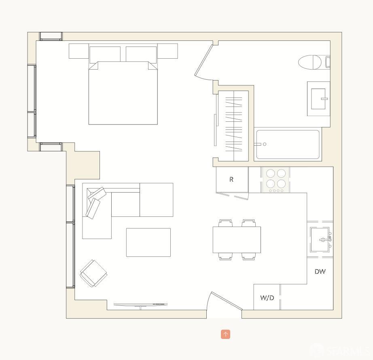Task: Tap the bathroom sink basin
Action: coord(319,99)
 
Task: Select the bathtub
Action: coord(288,144)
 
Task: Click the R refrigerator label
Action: coord(231,180)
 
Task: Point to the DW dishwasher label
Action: coord(320,272)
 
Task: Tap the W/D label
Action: coord(267,298)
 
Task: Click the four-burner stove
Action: coord(276,180)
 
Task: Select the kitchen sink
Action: coord(320,240)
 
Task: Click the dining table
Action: coord(237,239)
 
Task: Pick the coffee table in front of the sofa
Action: coord(148,242)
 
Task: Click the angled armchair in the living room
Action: coord(93,273)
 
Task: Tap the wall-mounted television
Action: coord(140,304)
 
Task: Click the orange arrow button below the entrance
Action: coord(226,334)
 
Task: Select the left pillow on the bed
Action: coord(105,54)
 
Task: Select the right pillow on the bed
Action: coord(141,54)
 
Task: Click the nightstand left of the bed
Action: coord(78,51)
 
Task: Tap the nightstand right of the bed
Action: coord(167,51)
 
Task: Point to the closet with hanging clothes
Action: coord(233,121)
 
